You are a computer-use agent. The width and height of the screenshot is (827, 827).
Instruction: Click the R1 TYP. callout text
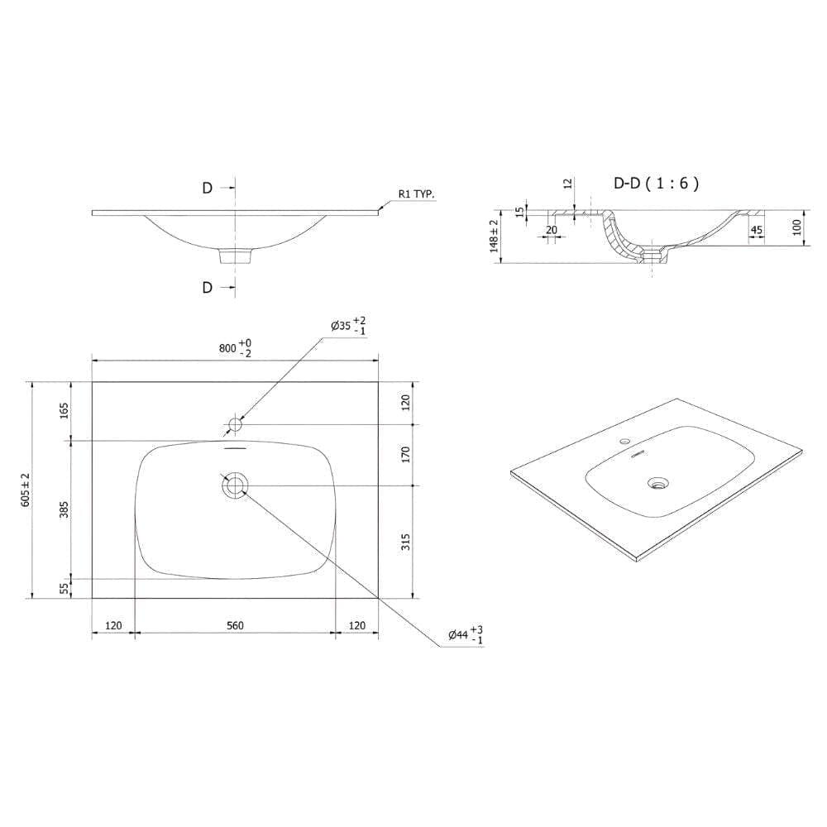417,194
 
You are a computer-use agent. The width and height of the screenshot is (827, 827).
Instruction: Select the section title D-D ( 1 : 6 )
657,183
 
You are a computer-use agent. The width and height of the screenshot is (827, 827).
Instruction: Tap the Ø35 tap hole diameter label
348,325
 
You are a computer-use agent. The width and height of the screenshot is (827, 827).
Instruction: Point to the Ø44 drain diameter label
466,635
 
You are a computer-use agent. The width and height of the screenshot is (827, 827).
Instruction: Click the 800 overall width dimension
235,348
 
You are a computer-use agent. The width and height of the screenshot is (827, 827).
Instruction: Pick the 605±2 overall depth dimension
26,490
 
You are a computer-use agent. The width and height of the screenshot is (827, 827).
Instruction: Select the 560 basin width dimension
235,625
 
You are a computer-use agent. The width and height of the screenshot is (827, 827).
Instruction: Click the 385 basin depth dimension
64,509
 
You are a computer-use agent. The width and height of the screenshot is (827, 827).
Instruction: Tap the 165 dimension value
64,410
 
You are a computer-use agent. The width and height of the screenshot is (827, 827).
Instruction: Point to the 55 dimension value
64,589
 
